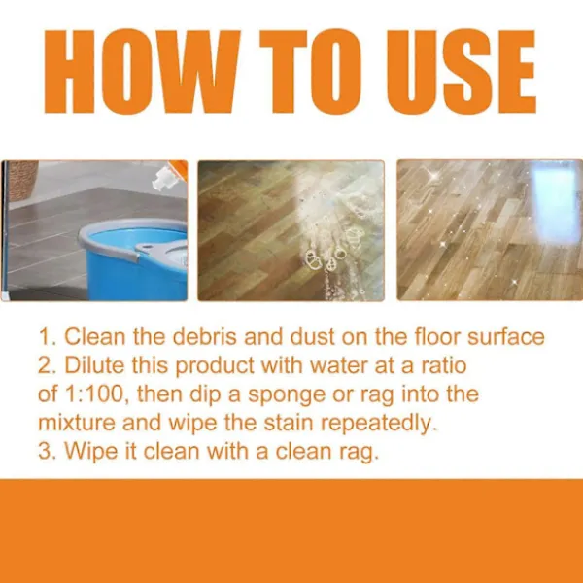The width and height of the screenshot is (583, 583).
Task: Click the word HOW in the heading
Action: (x=142, y=71)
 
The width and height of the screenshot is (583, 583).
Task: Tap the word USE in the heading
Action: (x=461, y=71)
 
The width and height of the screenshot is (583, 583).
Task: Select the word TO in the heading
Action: (x=311, y=71)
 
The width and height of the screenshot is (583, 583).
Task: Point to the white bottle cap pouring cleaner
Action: (x=163, y=179)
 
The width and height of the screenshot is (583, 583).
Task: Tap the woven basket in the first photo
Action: (x=22, y=180)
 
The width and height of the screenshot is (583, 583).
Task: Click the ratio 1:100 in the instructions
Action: (x=93, y=394)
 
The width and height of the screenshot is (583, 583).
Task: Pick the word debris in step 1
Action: (x=204, y=336)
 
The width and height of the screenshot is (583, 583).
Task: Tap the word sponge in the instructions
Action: (x=287, y=395)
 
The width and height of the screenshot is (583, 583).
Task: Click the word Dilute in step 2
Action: (x=94, y=365)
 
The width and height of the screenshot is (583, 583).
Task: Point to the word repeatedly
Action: (x=378, y=424)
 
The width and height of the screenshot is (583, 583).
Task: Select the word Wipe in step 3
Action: (x=91, y=452)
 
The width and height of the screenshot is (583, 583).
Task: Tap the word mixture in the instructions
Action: (x=77, y=423)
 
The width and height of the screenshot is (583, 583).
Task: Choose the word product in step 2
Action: (x=215, y=366)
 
